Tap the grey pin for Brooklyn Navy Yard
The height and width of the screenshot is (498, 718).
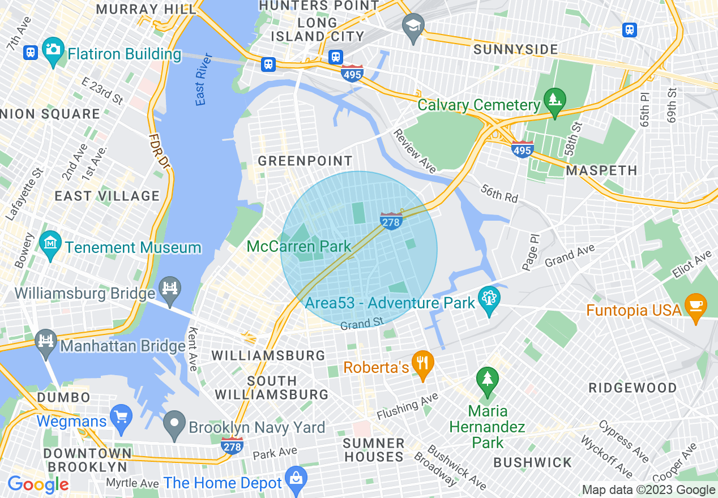pyautogui.click(x=174, y=423)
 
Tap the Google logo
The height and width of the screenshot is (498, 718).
pyautogui.click(x=38, y=484)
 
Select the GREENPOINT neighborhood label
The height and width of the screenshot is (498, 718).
pyautogui.click(x=305, y=161)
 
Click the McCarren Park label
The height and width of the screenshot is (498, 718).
pyautogui.click(x=299, y=246)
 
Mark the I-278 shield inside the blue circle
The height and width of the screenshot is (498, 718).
pyautogui.click(x=391, y=221)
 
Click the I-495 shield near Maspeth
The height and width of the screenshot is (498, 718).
pyautogui.click(x=522, y=149)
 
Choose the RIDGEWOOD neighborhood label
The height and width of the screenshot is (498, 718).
pyautogui.click(x=632, y=388)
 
